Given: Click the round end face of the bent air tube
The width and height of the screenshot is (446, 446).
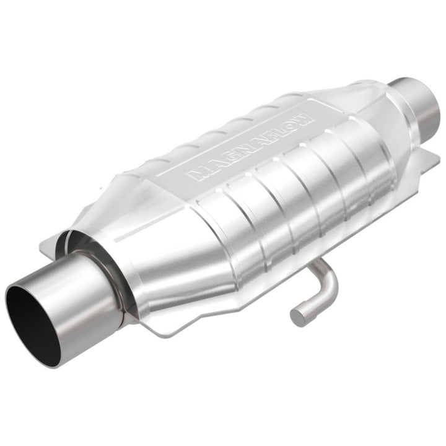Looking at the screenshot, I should point(299,316).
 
